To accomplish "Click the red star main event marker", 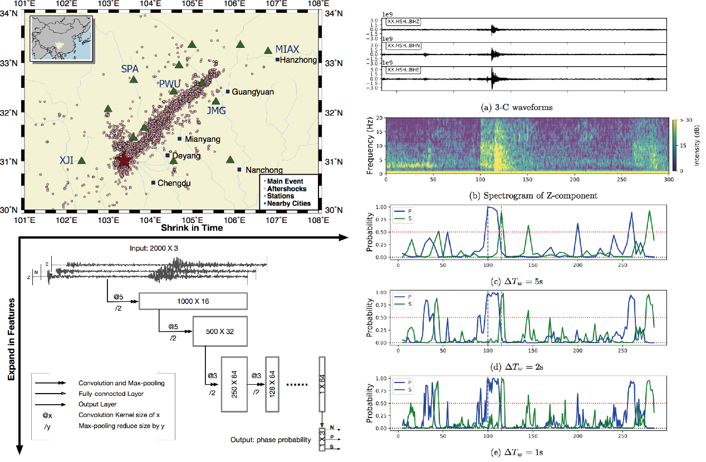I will coord(124,161).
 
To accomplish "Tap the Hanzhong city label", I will coord(298,60).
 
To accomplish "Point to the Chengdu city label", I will coord(174,182).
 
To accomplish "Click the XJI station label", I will coord(67,160).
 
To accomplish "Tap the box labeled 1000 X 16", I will coord(193,301).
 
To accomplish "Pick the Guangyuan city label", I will coord(253,92).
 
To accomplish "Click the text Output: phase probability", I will coord(271,440).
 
